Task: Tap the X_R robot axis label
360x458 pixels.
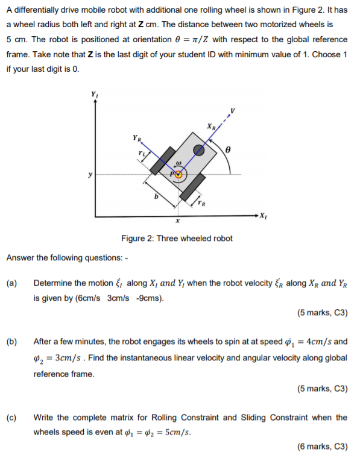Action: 210,127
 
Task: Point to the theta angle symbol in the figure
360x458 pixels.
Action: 229,149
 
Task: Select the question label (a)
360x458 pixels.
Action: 12,283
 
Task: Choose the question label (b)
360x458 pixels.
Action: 12,342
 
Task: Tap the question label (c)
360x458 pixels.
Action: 12,417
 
